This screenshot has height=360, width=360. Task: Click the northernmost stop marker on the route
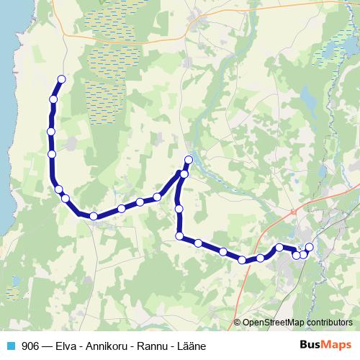(x=61, y=79)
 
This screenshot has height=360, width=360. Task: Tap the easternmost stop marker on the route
(x=310, y=248)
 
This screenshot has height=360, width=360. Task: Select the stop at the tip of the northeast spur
(x=189, y=160)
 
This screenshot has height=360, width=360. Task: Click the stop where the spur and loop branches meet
(x=184, y=174)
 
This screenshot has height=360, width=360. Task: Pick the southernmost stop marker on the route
(x=243, y=261)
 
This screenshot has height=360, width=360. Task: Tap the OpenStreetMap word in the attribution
(x=274, y=323)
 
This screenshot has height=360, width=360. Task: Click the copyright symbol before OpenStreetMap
(x=238, y=323)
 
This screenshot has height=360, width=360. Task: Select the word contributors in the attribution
(x=328, y=323)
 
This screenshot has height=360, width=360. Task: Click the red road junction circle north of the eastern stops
(x=293, y=211)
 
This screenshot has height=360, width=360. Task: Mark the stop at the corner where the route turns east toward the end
(x=179, y=236)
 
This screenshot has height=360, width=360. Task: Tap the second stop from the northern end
(x=53, y=99)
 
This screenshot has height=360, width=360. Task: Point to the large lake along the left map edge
(x=6, y=108)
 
